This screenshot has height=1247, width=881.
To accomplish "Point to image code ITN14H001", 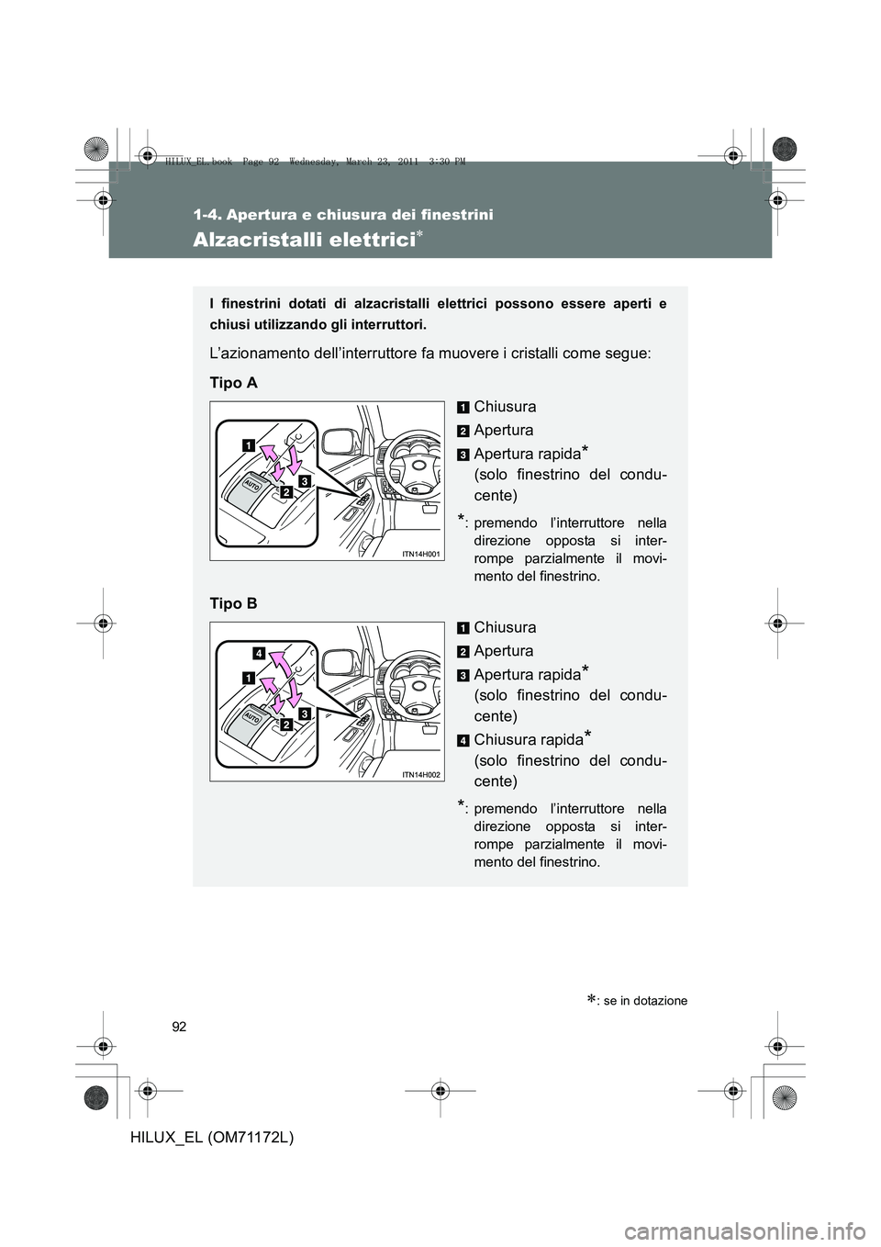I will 421,554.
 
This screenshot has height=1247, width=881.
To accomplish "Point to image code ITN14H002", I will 421,774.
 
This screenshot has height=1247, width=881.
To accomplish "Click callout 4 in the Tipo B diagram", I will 260,653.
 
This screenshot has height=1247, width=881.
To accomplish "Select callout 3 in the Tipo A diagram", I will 303,480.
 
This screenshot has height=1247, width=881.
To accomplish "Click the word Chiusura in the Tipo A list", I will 505,406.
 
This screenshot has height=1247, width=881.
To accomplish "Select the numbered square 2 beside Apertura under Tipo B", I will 463,651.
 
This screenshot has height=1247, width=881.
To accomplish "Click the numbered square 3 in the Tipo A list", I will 463,455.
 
